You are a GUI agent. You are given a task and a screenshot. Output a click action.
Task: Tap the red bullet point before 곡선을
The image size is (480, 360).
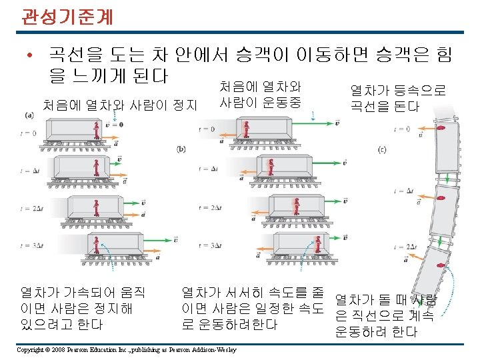(31, 56)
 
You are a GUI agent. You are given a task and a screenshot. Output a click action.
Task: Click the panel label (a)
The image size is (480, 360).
(29, 116)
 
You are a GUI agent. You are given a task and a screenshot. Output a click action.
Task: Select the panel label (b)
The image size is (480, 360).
(181, 149)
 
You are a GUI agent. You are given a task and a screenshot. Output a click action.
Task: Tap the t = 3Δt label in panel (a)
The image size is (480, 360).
(29, 245)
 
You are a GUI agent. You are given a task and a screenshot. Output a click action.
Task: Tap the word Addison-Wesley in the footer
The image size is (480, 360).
(207, 349)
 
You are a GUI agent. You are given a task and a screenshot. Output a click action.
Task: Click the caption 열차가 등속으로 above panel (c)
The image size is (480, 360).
(398, 91)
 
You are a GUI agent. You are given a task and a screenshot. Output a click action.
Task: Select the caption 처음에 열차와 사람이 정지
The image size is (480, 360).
(119, 105)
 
